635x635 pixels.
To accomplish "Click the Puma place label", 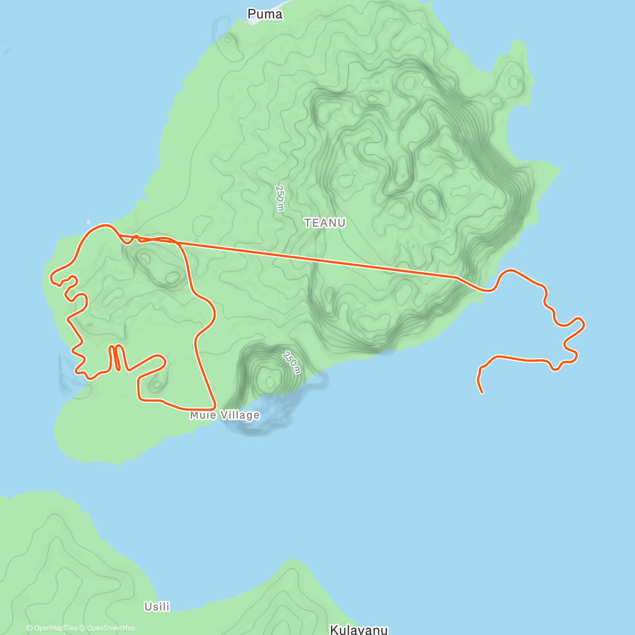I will (265, 14).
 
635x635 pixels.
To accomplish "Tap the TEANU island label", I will (325, 223).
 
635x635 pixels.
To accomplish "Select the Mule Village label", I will (225, 415).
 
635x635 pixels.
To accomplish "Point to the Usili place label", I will (157, 606).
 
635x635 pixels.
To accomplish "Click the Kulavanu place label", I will (359, 630).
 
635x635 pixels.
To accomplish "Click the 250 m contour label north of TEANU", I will (280, 197).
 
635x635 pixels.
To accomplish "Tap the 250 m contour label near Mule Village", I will (292, 362).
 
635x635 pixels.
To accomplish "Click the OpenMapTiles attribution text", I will (55, 628).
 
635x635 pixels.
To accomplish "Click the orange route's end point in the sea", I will (482, 392).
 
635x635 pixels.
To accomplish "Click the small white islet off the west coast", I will (88, 222).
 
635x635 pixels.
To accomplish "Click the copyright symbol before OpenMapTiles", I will (29, 628).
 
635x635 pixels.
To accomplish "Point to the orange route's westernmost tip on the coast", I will (52, 277).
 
